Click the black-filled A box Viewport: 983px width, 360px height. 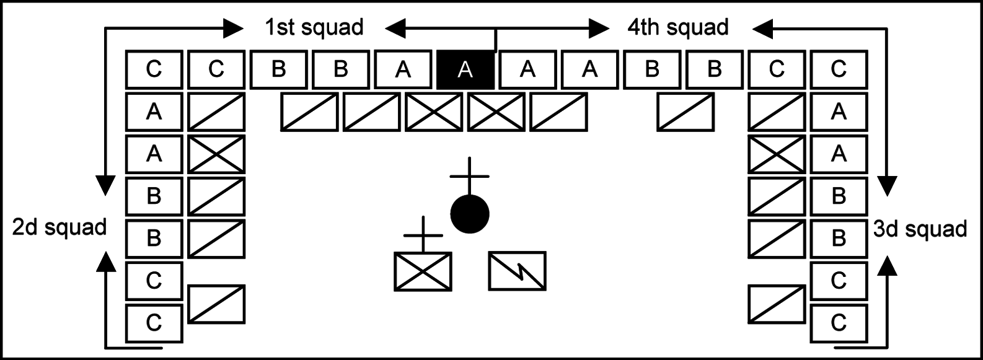[465, 69]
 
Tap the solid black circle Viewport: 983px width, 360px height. [470, 214]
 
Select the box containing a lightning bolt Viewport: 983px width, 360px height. [518, 270]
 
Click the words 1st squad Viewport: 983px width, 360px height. [314, 28]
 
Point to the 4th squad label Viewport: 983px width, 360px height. [678, 28]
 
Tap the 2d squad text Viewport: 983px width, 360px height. [60, 227]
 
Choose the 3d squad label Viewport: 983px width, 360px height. [920, 229]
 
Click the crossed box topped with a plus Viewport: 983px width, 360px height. [423, 271]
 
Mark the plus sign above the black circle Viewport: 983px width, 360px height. [470, 175]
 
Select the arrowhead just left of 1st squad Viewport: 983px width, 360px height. [233, 28]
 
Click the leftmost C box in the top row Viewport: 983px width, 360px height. [154, 69]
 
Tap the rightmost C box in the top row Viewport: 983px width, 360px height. [839, 69]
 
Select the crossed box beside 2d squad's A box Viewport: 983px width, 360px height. [216, 154]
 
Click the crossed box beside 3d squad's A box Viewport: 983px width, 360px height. [777, 154]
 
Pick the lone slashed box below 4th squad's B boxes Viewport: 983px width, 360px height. [685, 112]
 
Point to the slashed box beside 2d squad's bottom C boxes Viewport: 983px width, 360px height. [216, 304]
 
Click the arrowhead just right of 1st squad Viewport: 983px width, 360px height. [395, 28]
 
